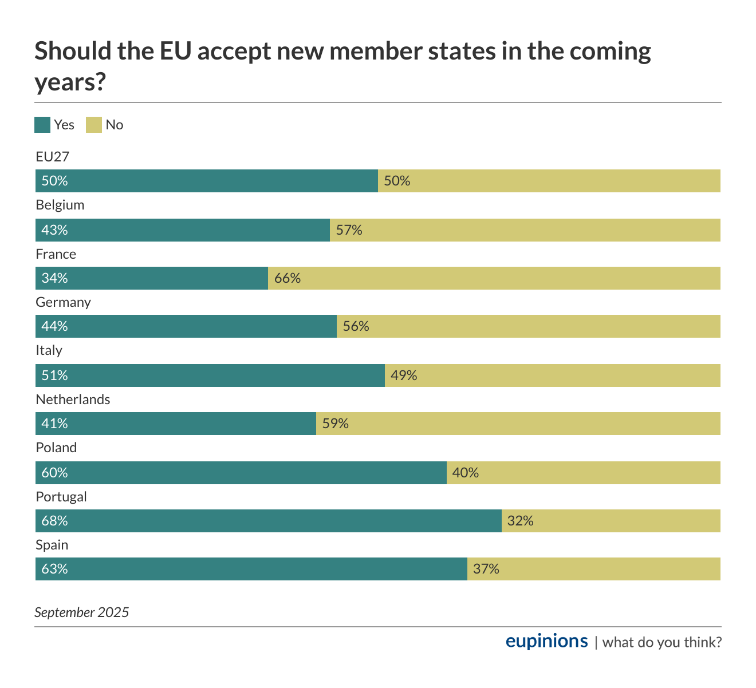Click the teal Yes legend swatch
pos(42,125)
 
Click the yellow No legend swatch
pos(94,125)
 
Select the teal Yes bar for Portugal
pos(269,521)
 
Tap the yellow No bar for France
pos(494,278)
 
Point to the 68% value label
pos(54,521)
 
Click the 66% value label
pos(288,278)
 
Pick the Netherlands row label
pos(73,400)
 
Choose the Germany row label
pos(63,302)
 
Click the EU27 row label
pos(53,157)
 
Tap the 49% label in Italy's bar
pos(404,375)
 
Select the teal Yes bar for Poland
pos(241,473)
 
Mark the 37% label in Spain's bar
pos(486,569)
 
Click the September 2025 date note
pos(82,612)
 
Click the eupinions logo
pos(546,641)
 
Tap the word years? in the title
pos(70,82)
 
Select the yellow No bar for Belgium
pos(525,230)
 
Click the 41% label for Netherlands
pos(54,424)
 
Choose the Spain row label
pos(52,545)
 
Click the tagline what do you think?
pos(661,642)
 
